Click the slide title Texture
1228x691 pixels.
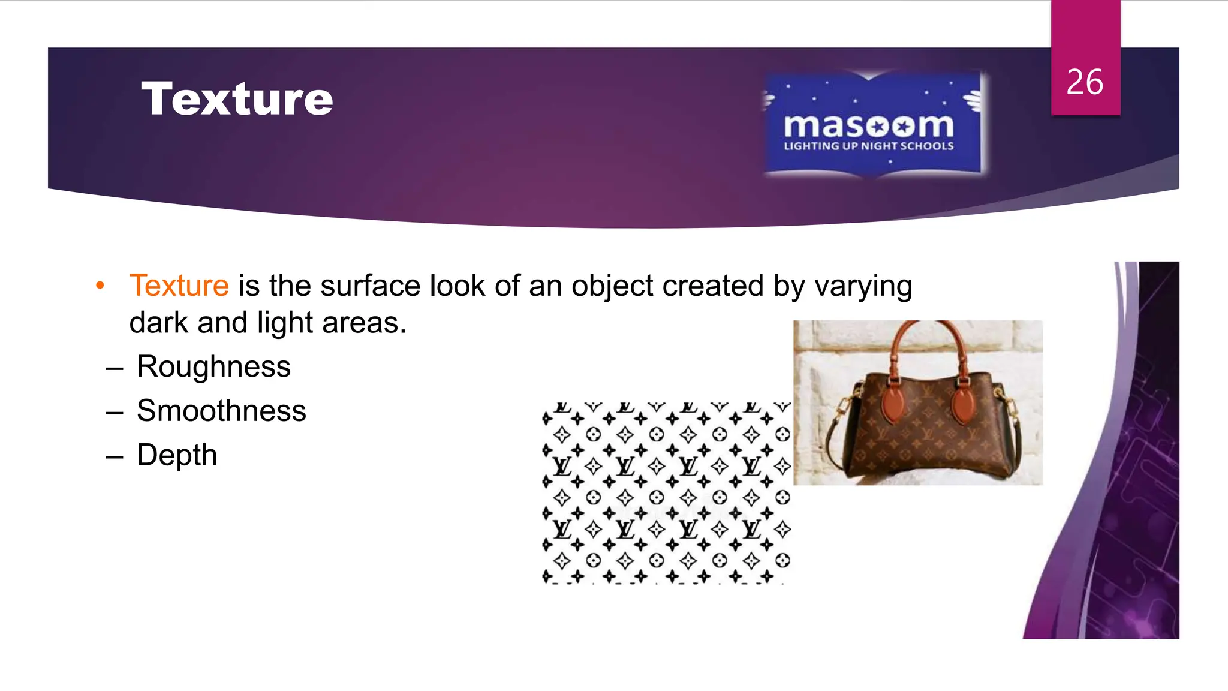click(x=237, y=98)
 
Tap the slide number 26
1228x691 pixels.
click(x=1084, y=82)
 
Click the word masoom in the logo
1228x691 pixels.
click(x=868, y=126)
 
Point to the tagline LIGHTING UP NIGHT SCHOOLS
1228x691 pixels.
click(x=868, y=146)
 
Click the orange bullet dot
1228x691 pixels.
click(x=100, y=286)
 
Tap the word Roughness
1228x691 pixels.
click(x=213, y=366)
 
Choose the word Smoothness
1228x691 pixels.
click(x=221, y=411)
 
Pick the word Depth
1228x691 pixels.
click(x=177, y=455)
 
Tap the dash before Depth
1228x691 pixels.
click(x=114, y=456)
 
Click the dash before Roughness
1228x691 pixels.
click(x=114, y=368)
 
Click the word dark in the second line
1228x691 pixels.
click(x=158, y=323)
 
